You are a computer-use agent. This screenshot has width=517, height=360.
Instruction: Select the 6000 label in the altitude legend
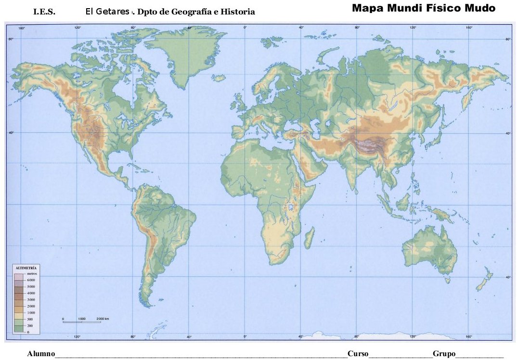(31, 280)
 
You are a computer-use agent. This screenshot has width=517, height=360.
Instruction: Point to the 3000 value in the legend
(31, 299)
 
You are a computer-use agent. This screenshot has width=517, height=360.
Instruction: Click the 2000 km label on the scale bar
(103, 319)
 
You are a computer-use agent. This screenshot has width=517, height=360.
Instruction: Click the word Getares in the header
(114, 11)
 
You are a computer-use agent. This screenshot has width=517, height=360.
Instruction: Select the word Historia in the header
(238, 12)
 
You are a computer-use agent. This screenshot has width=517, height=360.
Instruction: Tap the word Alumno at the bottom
(41, 354)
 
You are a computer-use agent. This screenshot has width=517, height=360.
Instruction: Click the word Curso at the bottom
(358, 354)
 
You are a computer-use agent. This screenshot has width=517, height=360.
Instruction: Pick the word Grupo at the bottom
(444, 354)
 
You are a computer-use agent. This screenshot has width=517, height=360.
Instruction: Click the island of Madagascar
(309, 238)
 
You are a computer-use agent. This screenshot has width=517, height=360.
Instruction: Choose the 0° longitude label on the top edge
(245, 28)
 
